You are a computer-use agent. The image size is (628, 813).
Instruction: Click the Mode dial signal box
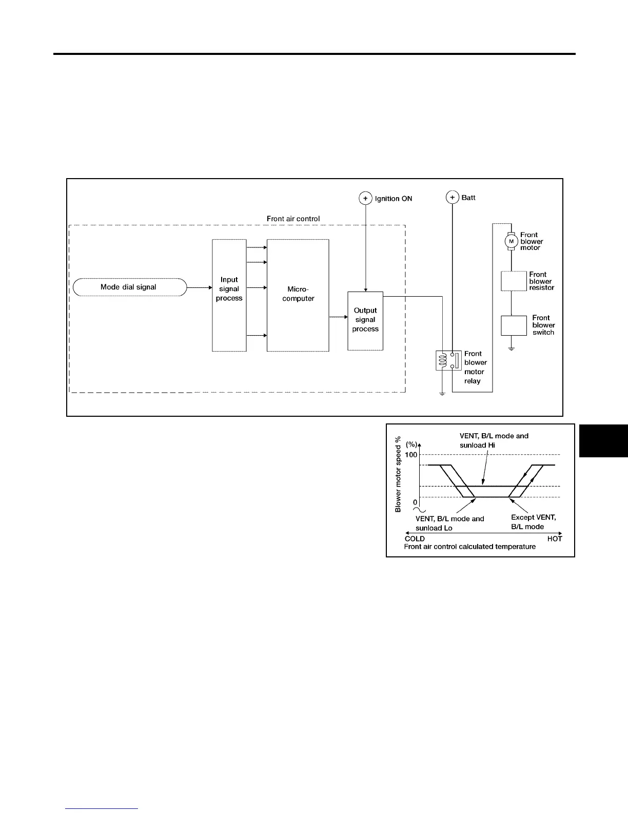point(129,287)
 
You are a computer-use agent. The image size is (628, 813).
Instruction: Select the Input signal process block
point(229,295)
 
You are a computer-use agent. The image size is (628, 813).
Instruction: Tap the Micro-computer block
point(298,295)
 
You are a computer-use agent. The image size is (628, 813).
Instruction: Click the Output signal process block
point(365,321)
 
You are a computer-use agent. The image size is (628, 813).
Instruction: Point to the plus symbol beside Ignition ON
point(365,198)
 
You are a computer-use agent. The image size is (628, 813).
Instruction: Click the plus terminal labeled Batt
point(452,197)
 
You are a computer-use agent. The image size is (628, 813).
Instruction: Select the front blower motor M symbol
point(511,241)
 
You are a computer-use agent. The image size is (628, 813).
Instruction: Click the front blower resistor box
point(514,281)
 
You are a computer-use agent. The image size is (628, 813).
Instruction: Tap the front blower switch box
point(514,325)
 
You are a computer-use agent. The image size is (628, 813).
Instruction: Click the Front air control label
point(293,219)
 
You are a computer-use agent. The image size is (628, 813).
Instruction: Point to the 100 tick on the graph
point(411,455)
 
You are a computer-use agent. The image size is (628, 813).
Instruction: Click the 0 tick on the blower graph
point(415,502)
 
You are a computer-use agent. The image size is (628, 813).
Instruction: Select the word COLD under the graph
point(415,539)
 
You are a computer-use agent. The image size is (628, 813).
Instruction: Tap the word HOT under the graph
point(554,539)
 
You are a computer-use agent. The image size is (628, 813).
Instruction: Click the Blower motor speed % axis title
point(398,474)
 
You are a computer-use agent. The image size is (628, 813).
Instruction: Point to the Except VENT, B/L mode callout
point(533,522)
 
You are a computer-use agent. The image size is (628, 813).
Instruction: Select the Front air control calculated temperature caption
point(469,547)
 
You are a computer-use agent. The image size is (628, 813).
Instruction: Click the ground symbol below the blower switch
point(512,349)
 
